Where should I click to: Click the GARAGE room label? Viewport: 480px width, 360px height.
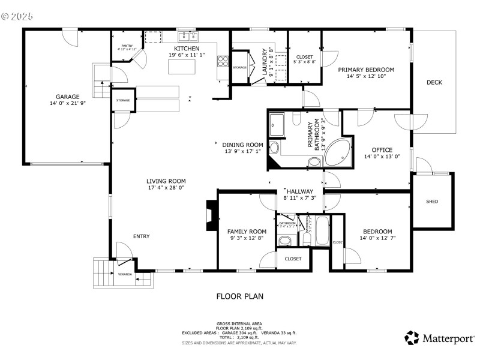(68, 96)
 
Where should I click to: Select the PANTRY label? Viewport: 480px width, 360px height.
(127, 46)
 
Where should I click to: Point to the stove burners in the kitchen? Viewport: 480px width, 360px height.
(223, 61)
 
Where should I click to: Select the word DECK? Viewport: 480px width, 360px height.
(434, 82)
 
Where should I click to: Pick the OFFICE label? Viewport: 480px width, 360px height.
(382, 150)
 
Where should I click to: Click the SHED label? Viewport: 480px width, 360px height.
(432, 201)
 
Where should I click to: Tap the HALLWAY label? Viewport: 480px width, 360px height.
(300, 191)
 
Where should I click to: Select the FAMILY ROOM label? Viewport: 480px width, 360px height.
(246, 231)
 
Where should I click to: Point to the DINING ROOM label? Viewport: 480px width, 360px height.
(242, 145)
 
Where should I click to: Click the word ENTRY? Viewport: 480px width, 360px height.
(142, 236)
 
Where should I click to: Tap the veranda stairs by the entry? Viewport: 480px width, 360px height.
(103, 274)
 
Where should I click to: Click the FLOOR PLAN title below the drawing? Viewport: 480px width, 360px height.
(239, 296)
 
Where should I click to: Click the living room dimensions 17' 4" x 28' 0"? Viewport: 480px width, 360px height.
(166, 188)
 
